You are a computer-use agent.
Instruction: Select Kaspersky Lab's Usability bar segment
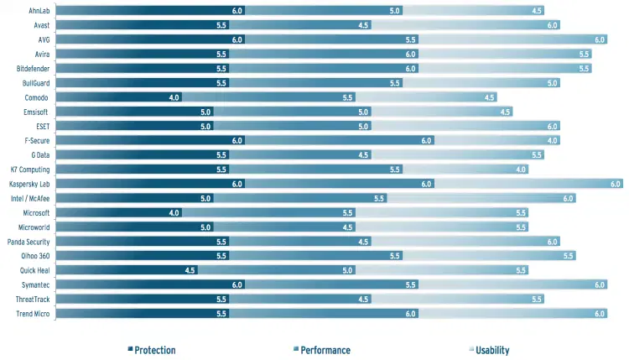click(528, 184)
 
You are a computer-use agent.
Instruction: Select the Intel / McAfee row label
click(31, 198)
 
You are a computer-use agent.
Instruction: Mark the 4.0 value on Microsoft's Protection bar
click(174, 212)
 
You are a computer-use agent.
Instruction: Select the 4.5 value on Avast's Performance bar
click(363, 25)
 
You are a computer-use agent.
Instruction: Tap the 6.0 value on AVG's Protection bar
click(237, 39)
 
